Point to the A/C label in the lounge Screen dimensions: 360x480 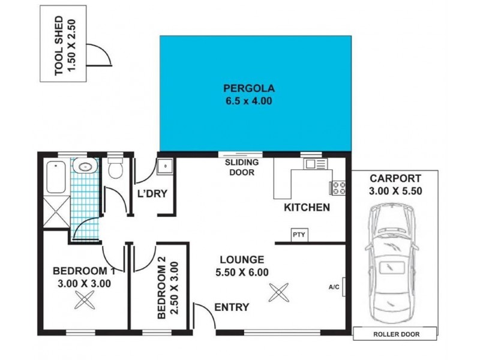pos(334,287)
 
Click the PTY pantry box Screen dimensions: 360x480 pos(298,235)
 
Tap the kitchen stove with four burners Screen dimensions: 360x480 pos(338,187)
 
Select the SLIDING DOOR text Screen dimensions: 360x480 pos(242,167)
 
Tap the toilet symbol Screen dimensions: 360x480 pos(115,169)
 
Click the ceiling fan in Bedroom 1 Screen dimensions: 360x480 pos(83,299)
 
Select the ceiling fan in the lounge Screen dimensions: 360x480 pos(278,293)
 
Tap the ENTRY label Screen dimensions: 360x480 pos(232,307)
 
